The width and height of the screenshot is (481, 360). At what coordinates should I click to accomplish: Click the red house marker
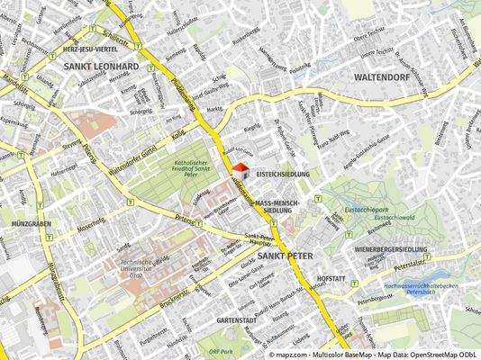(x=240, y=169)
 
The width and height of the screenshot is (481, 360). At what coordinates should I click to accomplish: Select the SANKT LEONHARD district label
(x=101, y=67)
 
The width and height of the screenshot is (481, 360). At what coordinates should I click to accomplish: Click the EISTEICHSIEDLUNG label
(x=283, y=172)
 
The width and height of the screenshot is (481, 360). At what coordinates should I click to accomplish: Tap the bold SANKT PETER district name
(x=286, y=256)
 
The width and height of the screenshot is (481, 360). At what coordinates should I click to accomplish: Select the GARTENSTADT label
(x=237, y=320)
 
